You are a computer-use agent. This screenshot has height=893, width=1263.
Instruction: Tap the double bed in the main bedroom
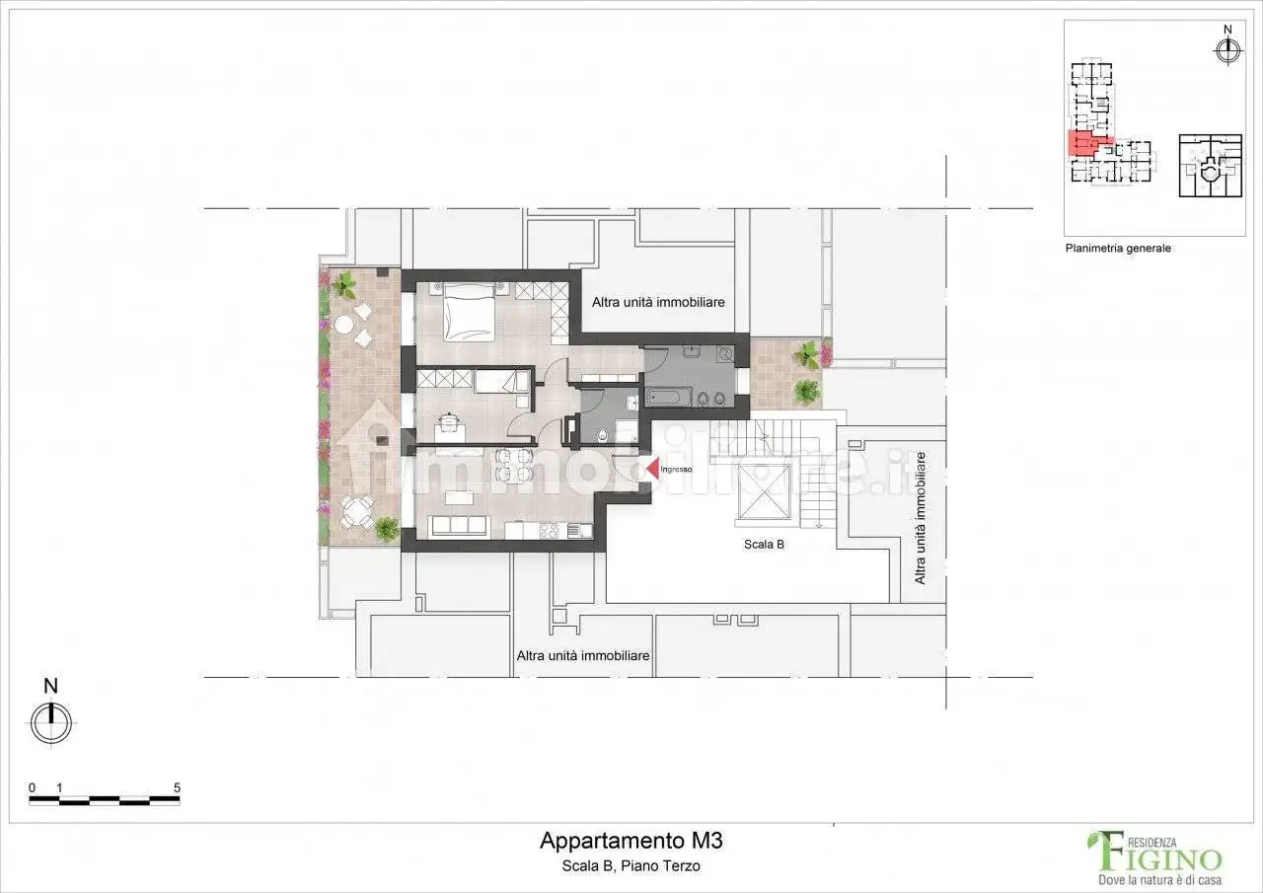[469, 311]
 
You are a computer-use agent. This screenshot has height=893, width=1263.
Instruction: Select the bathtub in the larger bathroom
[671, 398]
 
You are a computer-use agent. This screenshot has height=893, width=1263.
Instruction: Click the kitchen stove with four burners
[550, 531]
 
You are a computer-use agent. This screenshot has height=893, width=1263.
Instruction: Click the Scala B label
[764, 544]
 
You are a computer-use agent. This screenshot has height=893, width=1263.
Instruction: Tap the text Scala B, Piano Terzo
[631, 866]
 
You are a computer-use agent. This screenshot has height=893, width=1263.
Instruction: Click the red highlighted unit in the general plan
[1081, 144]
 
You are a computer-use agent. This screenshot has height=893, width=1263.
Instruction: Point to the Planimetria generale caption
[1117, 249]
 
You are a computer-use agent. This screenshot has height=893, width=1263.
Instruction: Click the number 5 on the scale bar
[177, 787]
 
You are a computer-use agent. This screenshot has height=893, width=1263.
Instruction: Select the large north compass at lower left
[51, 722]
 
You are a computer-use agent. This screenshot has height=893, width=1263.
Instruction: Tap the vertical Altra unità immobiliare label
[920, 517]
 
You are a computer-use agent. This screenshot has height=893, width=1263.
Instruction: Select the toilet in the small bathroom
[630, 401]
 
